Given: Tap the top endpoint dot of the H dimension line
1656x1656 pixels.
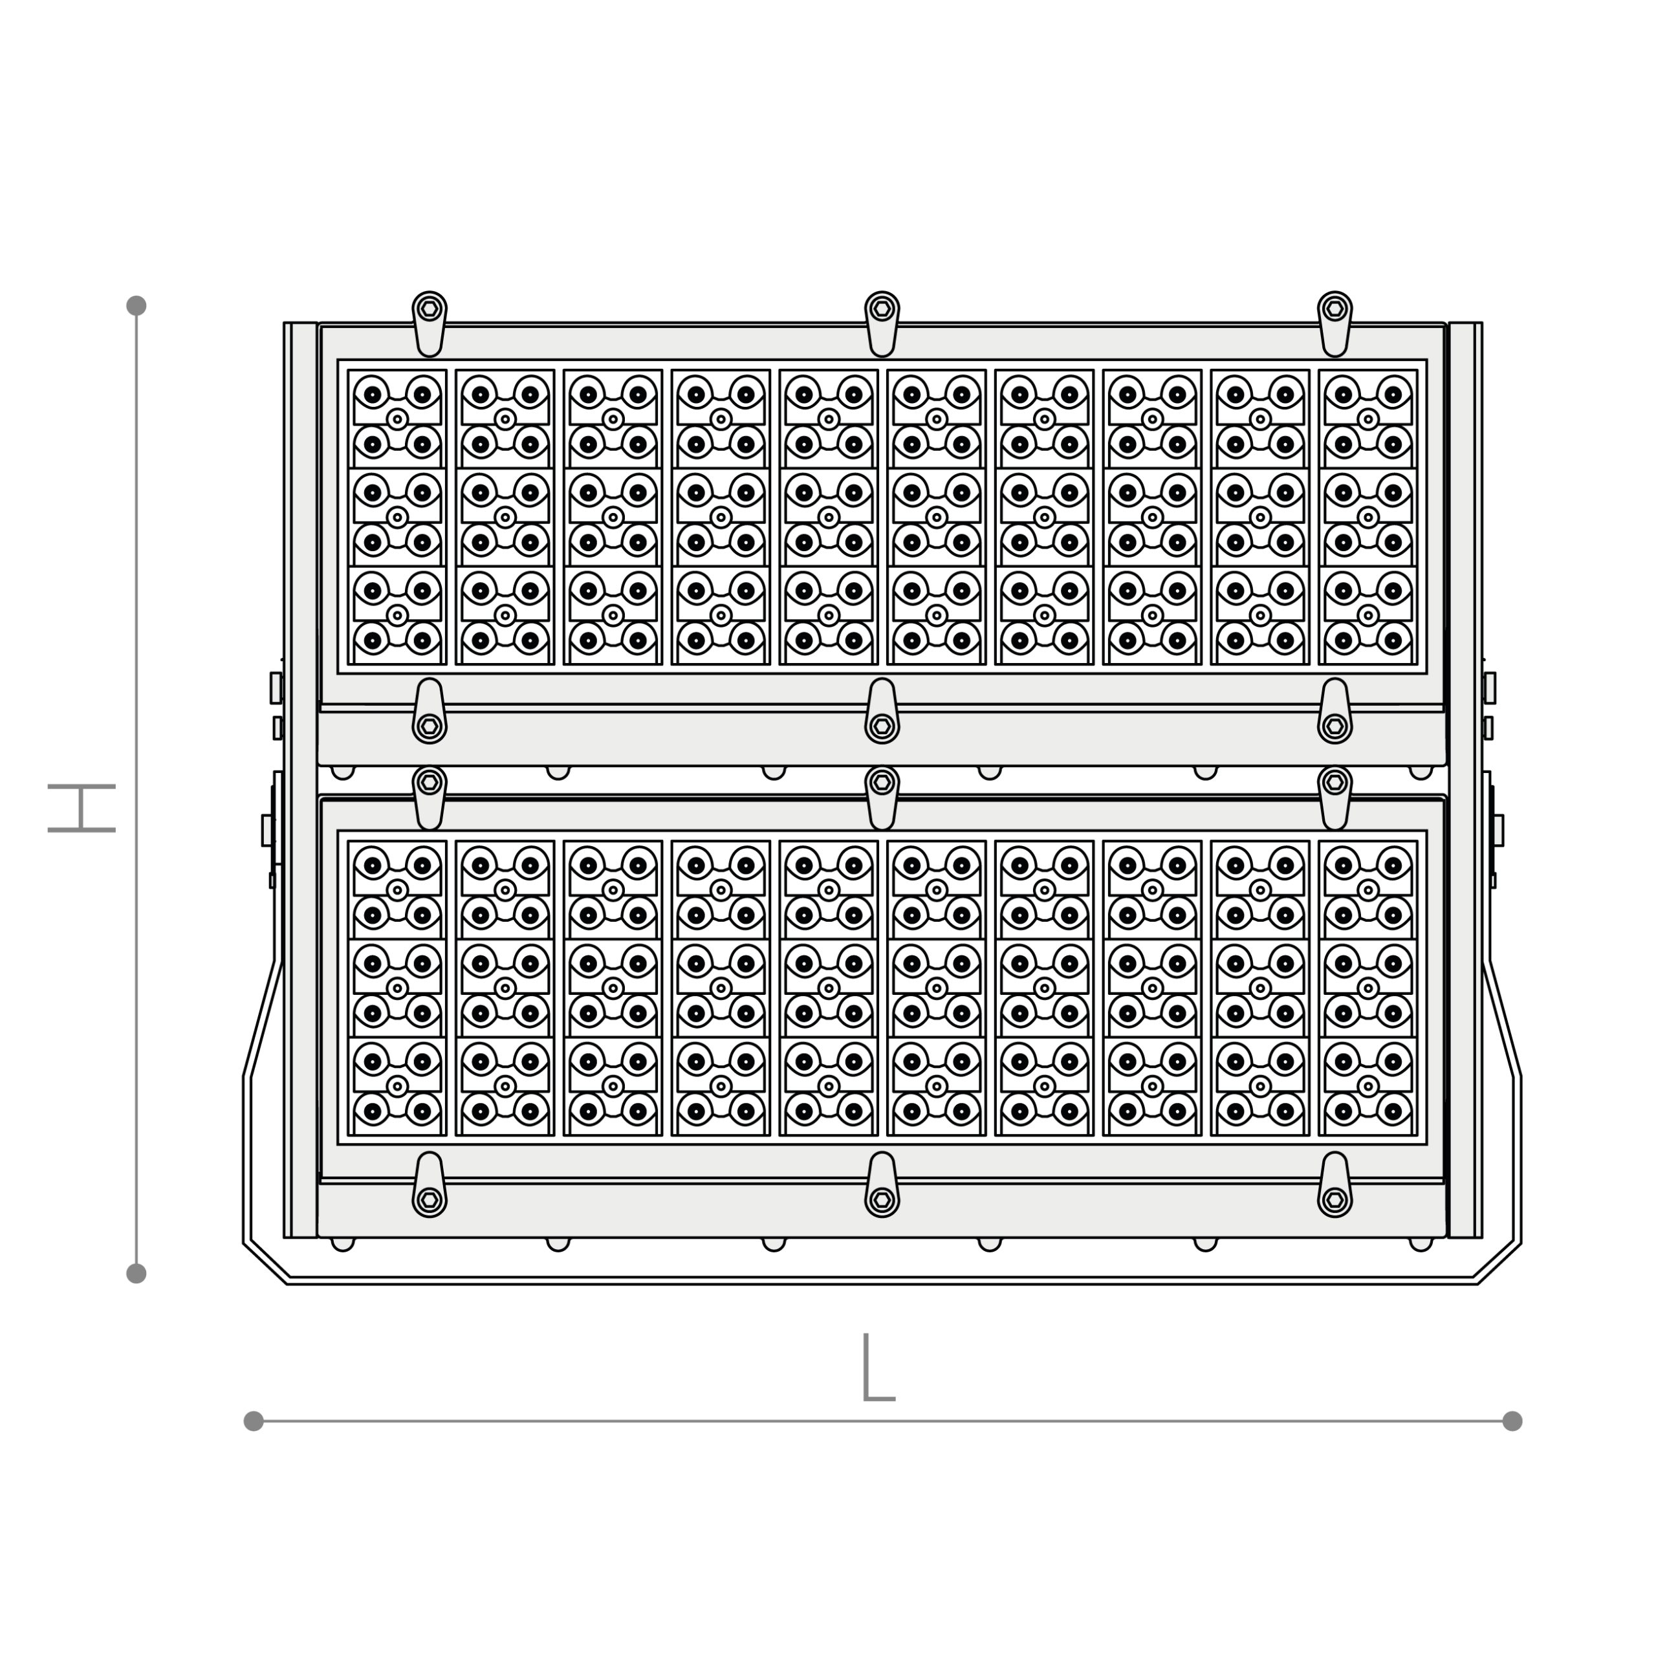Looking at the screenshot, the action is point(136,305).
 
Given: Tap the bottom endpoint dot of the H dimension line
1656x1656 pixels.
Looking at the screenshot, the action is point(136,1273).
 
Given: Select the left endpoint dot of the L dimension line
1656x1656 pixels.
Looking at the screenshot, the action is point(254,1421).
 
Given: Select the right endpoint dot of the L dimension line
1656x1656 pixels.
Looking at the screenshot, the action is point(1512,1421).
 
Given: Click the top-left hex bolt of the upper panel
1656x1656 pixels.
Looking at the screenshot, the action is point(430,309).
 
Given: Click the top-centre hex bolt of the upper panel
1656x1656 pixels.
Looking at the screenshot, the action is point(882,309).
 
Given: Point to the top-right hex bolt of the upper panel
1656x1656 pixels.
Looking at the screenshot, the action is point(1335,309).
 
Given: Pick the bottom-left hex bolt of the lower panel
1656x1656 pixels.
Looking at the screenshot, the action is point(430,1199).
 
